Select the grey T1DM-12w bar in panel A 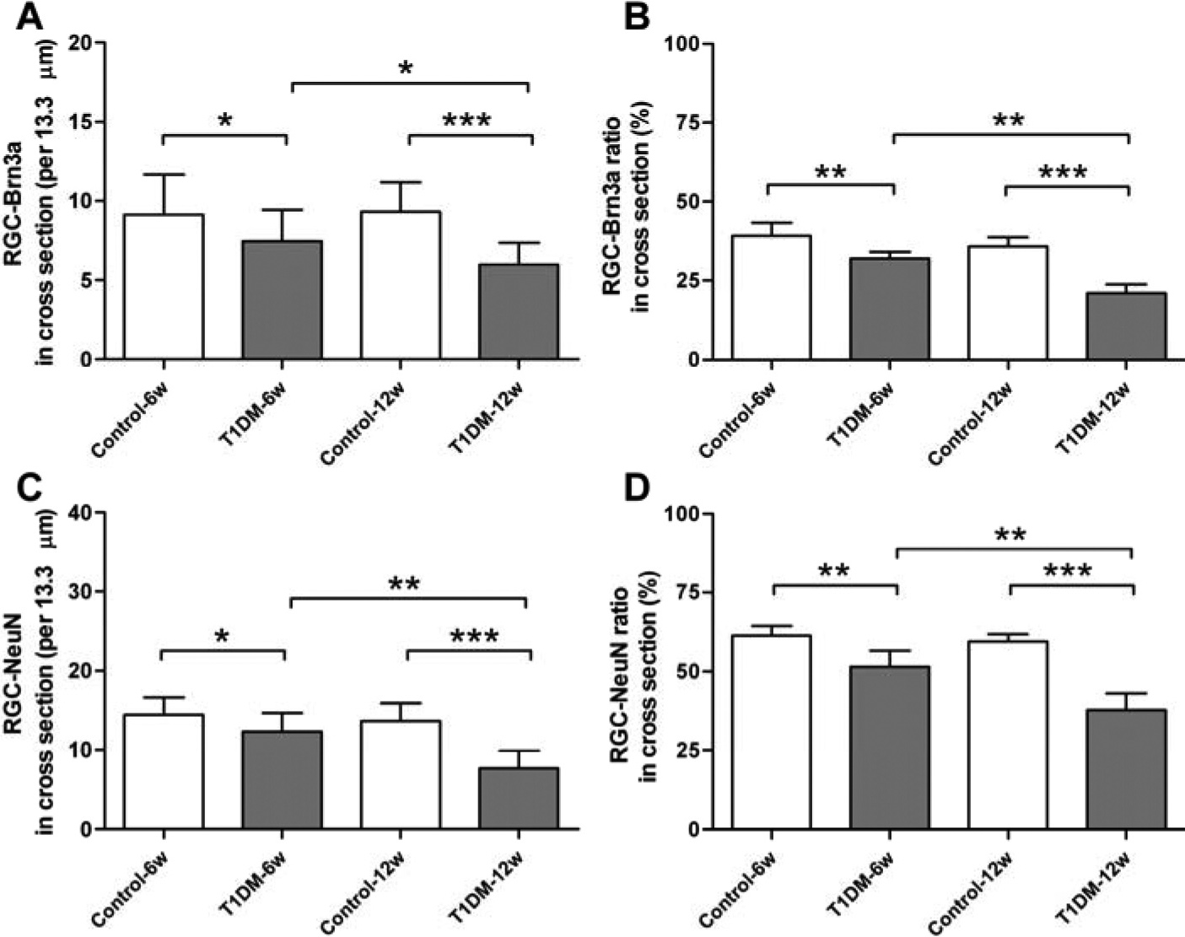point(519,311)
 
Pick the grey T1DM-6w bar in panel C point(283,780)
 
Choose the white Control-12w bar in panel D point(1008,735)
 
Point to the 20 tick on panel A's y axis point(82,43)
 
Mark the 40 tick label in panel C point(82,513)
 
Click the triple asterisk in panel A point(466,121)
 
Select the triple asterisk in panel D point(1068,572)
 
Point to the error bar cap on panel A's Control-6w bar point(163,175)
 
